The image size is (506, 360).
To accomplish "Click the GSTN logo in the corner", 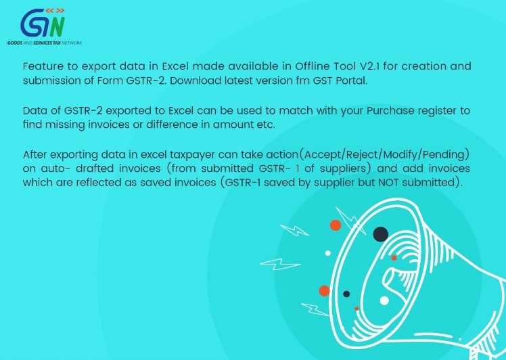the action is pos(45,26).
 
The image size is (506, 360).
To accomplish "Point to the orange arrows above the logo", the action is pos(55,11).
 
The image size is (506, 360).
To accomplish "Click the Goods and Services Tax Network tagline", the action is pos(45,43).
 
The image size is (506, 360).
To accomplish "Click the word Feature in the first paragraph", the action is pos(43,66).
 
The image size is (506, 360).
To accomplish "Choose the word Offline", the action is pos(314,66).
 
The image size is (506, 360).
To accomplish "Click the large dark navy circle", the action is pos(380,234).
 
